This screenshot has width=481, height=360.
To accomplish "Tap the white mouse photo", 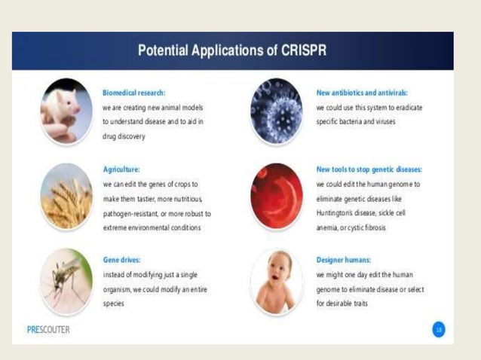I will (66, 110).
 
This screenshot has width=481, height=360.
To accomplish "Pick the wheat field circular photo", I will (66, 194).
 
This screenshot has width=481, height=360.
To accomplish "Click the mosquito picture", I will (66, 280).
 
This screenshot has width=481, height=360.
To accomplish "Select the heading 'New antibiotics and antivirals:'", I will (362, 93).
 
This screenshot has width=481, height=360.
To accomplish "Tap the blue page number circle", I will (438, 329).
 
